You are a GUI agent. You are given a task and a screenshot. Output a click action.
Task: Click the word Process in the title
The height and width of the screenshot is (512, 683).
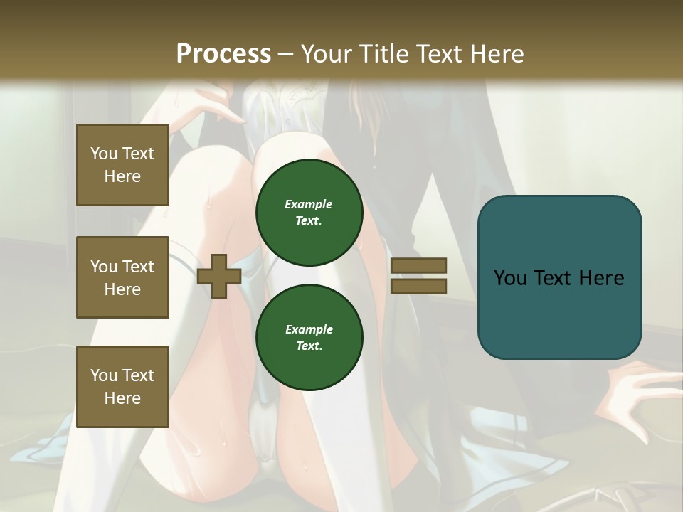(x=223, y=54)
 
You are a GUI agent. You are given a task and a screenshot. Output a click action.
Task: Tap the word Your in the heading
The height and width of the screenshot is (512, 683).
(x=325, y=54)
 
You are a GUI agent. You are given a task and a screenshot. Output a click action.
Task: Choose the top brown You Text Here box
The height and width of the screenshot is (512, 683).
(x=122, y=165)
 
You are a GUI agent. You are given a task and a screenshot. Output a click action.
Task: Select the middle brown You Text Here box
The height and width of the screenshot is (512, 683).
(x=122, y=277)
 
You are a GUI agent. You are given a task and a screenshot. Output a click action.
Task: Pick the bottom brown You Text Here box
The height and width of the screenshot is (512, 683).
(x=122, y=386)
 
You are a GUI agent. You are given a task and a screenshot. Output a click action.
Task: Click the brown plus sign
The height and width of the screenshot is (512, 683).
(x=218, y=276)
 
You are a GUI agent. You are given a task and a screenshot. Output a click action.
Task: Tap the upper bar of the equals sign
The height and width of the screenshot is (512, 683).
(x=418, y=266)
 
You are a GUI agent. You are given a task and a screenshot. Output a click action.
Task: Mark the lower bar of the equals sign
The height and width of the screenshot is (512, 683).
(x=418, y=286)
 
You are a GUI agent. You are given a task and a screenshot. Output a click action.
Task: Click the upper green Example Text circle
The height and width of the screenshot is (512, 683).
(x=309, y=212)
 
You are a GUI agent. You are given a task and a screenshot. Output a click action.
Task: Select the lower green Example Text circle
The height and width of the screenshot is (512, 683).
(x=309, y=337)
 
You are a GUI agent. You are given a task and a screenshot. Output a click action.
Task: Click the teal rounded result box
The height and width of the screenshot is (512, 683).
(x=559, y=277)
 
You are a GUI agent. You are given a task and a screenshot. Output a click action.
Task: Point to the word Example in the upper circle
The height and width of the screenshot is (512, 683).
(x=309, y=204)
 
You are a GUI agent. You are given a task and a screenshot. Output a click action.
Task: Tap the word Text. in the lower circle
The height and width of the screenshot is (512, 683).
(x=309, y=346)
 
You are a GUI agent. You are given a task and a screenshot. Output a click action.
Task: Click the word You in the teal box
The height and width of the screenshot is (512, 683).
(x=509, y=278)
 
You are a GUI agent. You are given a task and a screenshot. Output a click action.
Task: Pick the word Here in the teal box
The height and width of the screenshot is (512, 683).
(x=602, y=278)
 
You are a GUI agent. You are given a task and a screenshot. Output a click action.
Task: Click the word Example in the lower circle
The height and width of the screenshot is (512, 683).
(x=309, y=329)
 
